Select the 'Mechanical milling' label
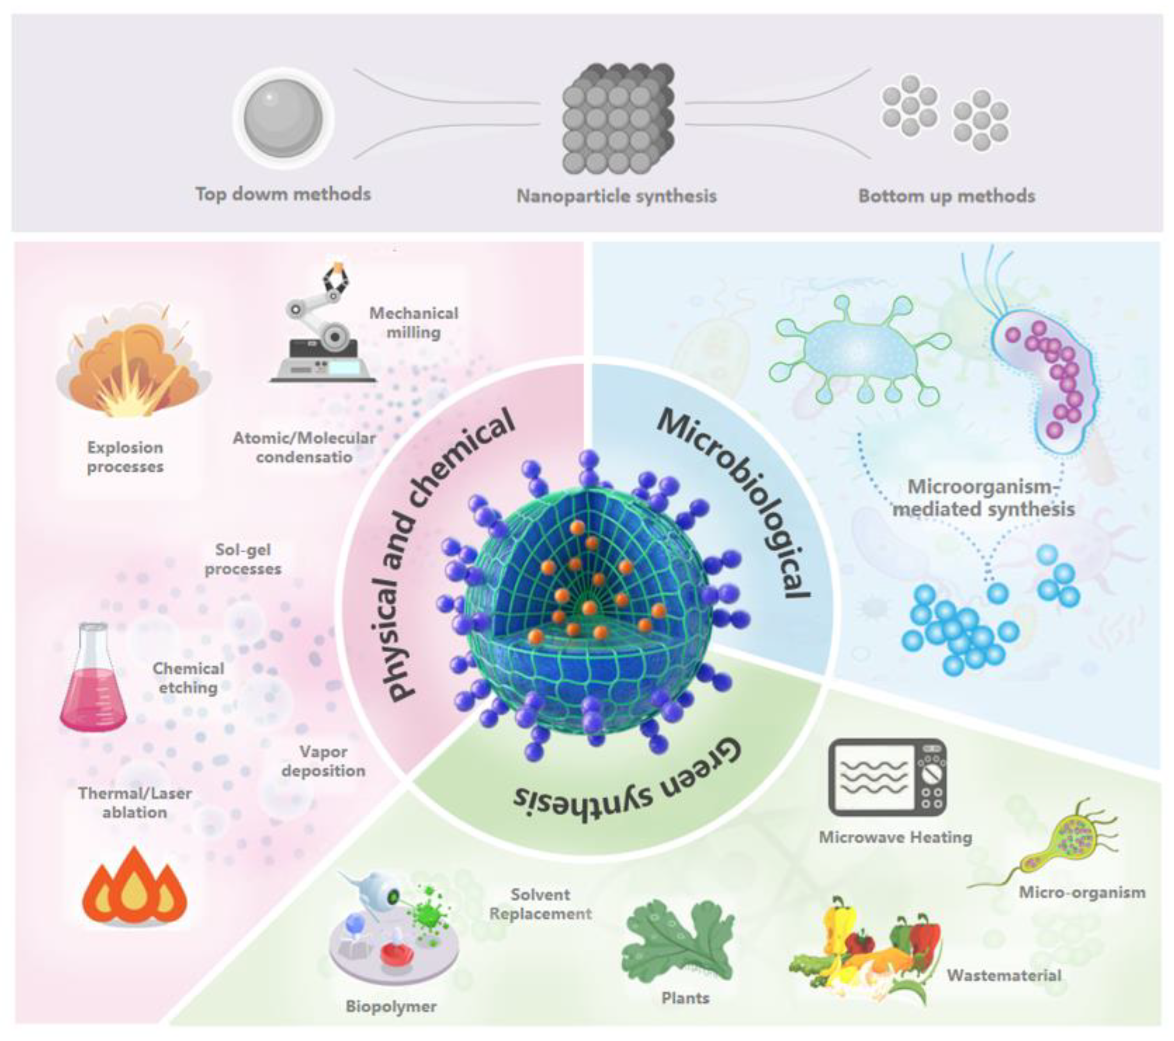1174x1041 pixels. pyautogui.click(x=414, y=323)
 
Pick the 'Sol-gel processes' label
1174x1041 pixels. pyautogui.click(x=243, y=559)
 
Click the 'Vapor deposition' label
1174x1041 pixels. pyautogui.click(x=323, y=761)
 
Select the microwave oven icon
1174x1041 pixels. pyautogui.click(x=887, y=776)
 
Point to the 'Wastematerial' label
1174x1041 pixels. pyautogui.click(x=1003, y=975)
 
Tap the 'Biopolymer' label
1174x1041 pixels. pyautogui.click(x=391, y=1006)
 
